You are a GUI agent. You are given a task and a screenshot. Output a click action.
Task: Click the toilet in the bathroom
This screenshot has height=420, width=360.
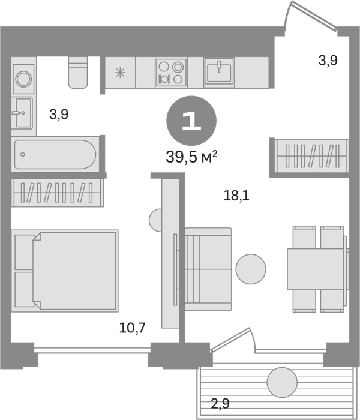(x=78, y=73)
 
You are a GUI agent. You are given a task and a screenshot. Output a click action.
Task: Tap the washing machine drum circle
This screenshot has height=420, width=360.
(x=24, y=79)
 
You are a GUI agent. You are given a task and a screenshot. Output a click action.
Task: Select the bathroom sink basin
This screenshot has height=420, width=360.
(x=23, y=113)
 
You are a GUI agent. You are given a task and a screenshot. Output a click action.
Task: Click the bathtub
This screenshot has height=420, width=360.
(x=55, y=155)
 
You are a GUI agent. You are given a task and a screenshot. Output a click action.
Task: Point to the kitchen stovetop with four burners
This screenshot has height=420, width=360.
(x=171, y=73)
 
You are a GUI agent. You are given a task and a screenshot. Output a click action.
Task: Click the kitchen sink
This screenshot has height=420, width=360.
(x=219, y=73)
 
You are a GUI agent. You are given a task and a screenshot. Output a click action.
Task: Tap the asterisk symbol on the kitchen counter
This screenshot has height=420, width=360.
(x=120, y=73)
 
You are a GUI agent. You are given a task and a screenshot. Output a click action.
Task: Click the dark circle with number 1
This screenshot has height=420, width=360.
(x=191, y=121)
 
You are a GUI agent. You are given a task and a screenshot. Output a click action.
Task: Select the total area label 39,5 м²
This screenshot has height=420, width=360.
(x=191, y=157)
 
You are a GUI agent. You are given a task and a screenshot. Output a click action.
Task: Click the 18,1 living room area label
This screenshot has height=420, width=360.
(x=236, y=196)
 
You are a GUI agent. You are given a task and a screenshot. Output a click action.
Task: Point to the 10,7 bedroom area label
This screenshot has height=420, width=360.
(x=133, y=328)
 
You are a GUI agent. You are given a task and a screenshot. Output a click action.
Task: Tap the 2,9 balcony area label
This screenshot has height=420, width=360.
(x=220, y=403)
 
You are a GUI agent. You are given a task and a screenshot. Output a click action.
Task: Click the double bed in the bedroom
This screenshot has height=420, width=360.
(x=65, y=271)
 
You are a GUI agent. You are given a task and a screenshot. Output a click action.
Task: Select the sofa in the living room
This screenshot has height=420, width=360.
(x=208, y=269)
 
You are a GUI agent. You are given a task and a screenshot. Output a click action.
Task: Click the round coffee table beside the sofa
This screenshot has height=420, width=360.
(x=251, y=269)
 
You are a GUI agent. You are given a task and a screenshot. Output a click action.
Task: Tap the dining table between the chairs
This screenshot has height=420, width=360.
(x=316, y=269)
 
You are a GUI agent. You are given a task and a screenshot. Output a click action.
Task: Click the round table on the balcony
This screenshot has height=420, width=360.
(x=283, y=382)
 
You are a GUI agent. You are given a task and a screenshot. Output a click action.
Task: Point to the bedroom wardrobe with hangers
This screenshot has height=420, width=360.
(x=58, y=193)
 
